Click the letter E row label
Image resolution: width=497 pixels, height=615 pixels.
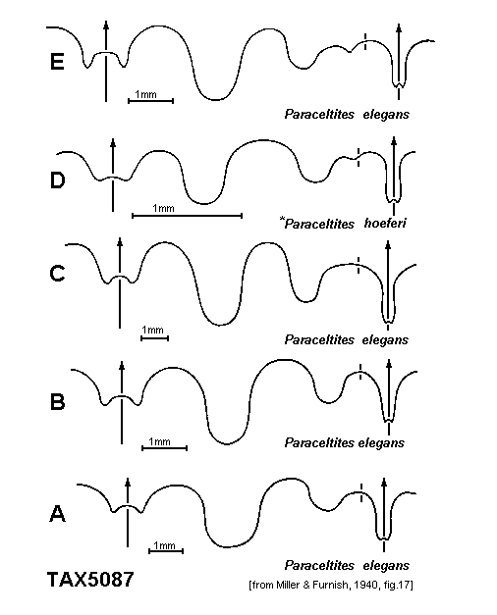click(57, 62)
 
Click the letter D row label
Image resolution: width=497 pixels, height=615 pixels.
click(57, 180)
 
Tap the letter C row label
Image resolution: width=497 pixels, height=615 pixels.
click(57, 273)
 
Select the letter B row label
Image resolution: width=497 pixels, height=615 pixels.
click(57, 401)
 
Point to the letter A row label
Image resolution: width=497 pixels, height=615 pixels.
click(57, 513)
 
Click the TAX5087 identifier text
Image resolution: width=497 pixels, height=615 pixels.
click(90, 580)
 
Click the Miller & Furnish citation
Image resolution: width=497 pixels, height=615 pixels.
click(331, 586)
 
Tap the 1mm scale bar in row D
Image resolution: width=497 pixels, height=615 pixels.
click(187, 216)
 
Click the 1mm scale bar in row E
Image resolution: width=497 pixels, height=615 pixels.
click(151, 101)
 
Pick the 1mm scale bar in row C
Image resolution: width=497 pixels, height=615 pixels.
click(155, 337)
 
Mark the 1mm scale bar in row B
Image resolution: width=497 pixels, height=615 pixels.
click(165, 447)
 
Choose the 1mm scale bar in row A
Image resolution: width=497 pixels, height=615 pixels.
click(166, 551)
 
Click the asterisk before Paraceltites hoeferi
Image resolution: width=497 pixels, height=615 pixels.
click(282, 219)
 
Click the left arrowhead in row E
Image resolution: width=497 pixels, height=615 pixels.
click(106, 26)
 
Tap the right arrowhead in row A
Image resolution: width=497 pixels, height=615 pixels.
click(384, 482)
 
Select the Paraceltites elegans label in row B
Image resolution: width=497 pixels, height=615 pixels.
click(344, 442)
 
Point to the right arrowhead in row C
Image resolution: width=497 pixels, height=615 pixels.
click(388, 245)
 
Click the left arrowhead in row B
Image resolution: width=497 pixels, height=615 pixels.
click(122, 365)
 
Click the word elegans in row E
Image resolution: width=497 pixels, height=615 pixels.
click(386, 115)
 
